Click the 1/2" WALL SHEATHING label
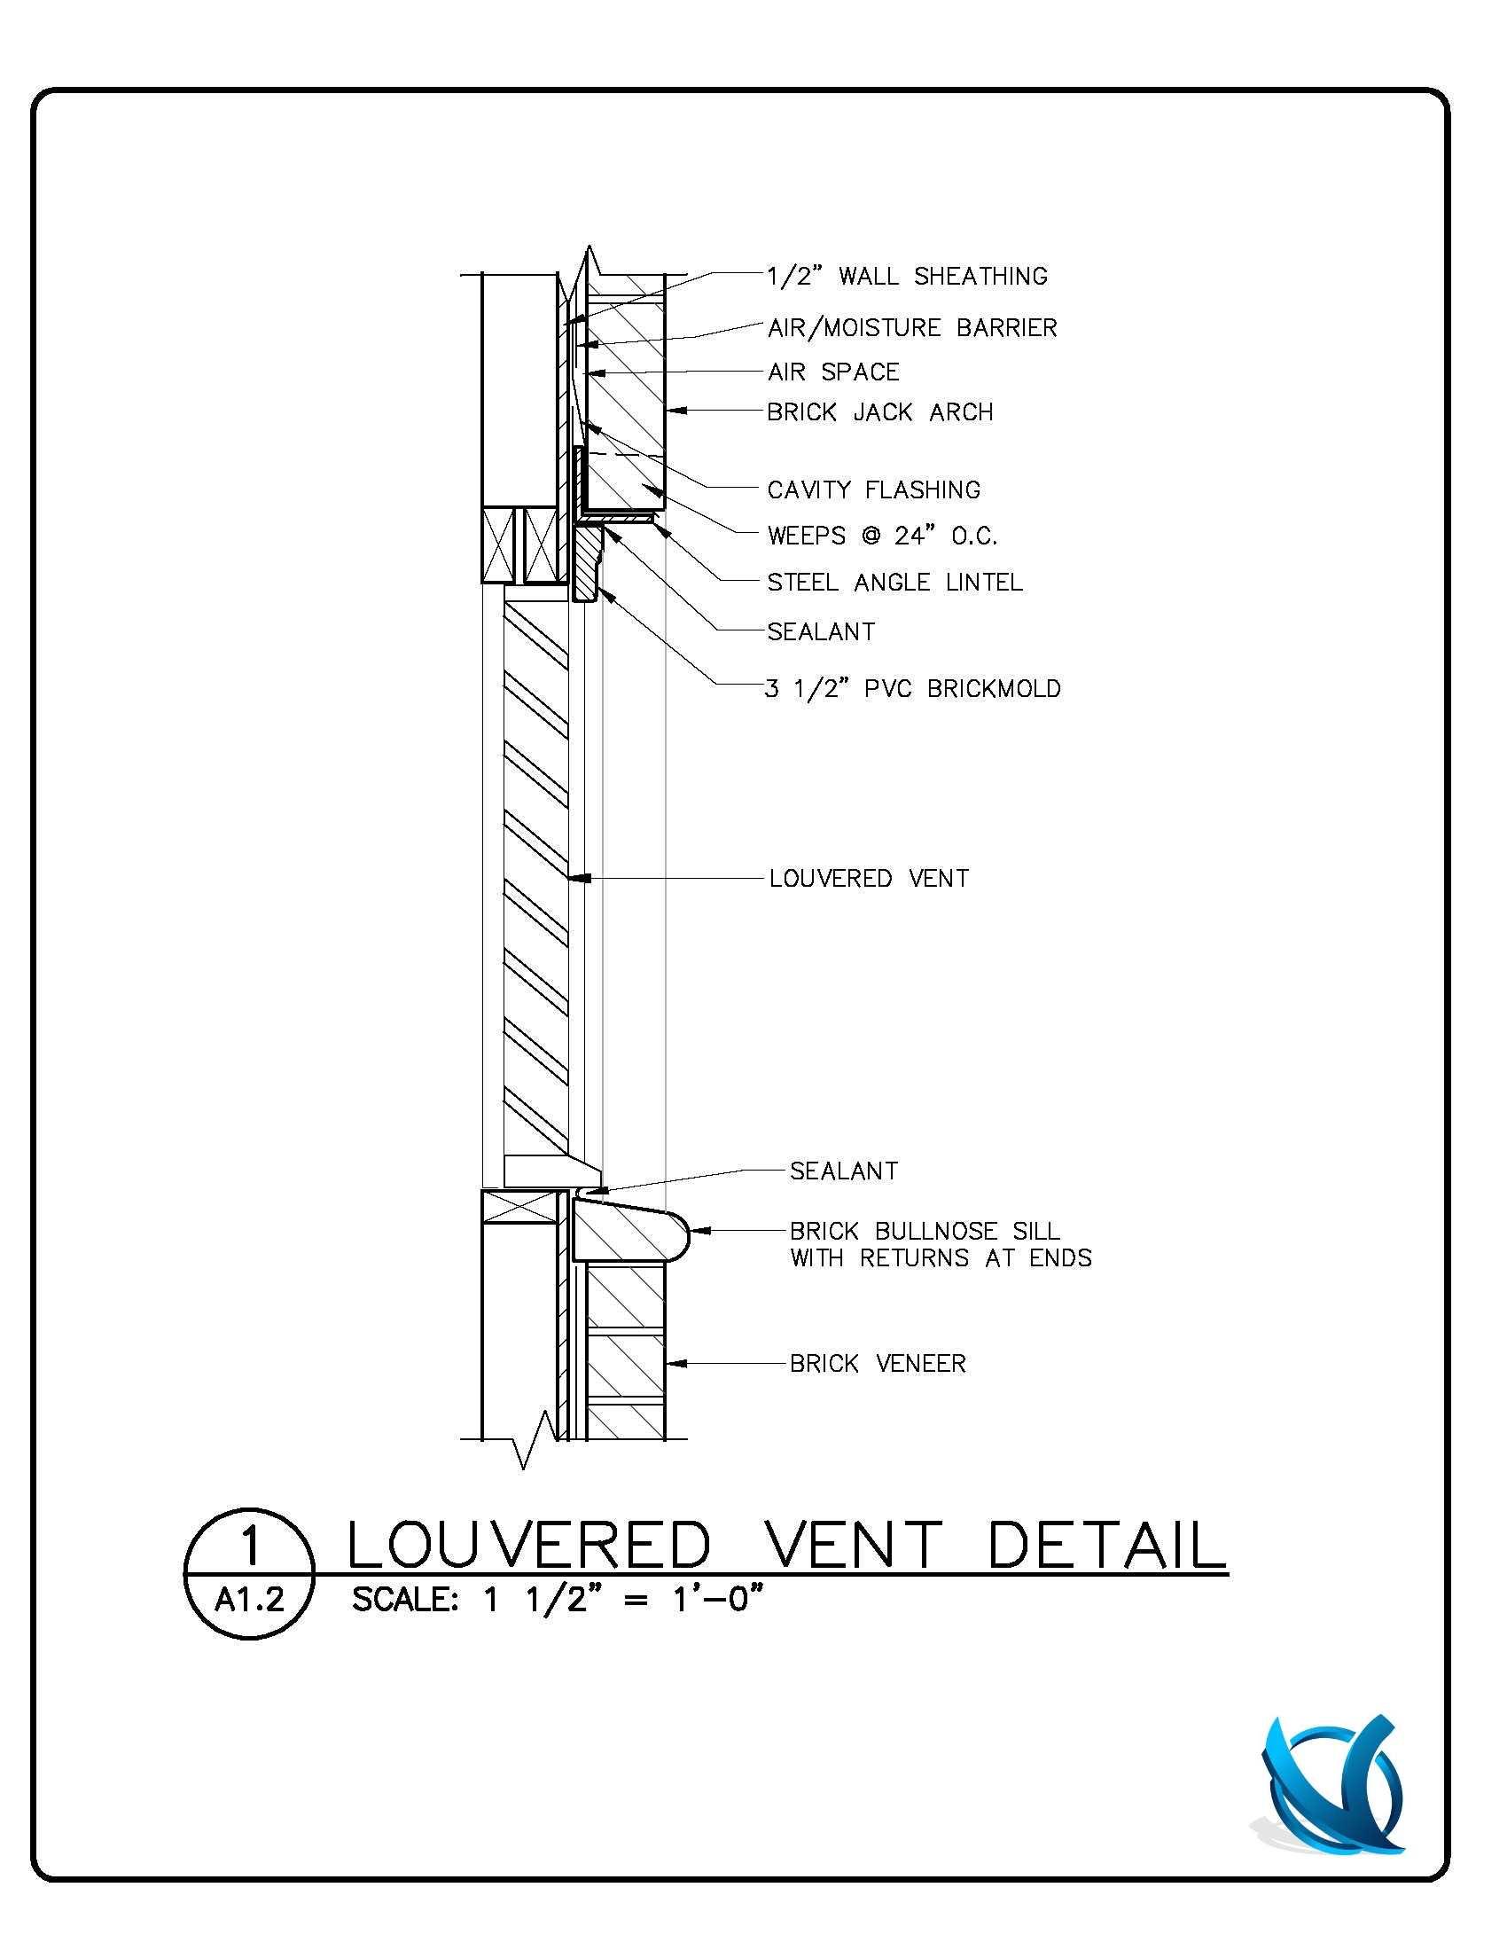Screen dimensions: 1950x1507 point(907,276)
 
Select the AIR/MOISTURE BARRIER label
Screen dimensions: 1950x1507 point(911,328)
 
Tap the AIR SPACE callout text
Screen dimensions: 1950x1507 point(833,372)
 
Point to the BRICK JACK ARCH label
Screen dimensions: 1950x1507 point(879,412)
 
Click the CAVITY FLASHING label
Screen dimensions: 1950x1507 point(873,489)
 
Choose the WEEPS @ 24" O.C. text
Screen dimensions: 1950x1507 point(882,536)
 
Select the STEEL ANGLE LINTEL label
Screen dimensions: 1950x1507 point(894,582)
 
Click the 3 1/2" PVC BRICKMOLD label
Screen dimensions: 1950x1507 point(912,688)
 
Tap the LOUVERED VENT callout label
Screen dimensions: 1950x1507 point(869,879)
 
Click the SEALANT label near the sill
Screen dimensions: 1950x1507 point(844,1171)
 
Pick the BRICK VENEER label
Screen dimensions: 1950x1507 point(878,1363)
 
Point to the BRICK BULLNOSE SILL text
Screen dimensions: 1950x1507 point(925,1231)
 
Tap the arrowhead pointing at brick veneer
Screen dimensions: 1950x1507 point(675,1363)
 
